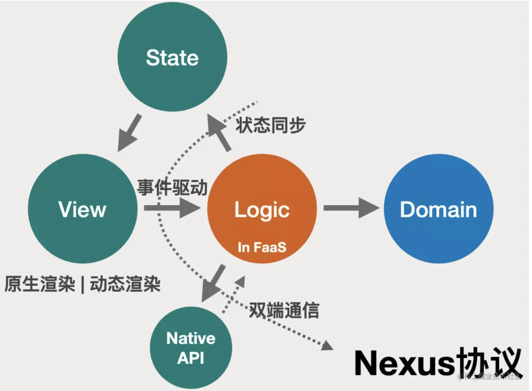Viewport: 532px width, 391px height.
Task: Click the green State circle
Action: coord(172,57)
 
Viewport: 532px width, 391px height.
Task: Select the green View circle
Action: coord(82,209)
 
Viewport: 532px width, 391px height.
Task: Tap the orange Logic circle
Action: coord(262,209)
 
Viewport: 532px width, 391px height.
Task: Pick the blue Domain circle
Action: coord(438,209)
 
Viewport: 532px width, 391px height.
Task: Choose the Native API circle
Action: coord(191,347)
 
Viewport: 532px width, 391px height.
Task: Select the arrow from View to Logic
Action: coord(172,208)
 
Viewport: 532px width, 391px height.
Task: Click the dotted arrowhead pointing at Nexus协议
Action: coord(327,345)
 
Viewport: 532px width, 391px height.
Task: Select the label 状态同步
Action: coord(270,125)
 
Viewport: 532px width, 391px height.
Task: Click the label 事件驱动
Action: coord(172,187)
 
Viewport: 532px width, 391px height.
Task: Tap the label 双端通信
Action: coord(284,310)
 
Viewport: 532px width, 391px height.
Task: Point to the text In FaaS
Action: coord(262,247)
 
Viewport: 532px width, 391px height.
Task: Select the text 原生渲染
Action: coord(40,284)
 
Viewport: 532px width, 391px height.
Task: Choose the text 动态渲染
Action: coord(125,284)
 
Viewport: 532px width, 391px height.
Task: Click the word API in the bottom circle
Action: coord(191,358)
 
